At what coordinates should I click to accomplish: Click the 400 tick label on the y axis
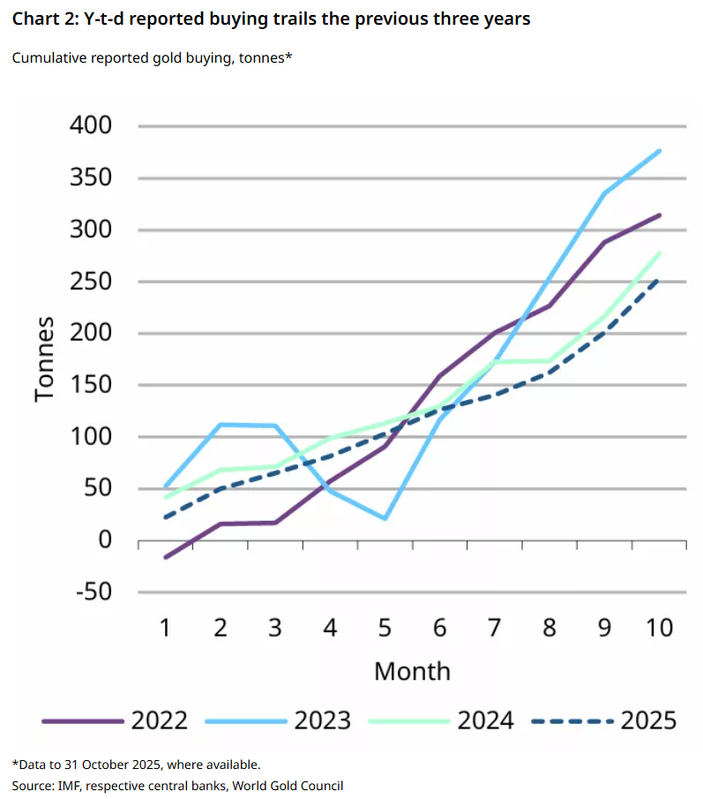pyautogui.click(x=91, y=125)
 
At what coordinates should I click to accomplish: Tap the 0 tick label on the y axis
pyautogui.click(x=104, y=539)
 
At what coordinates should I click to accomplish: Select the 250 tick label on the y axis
pyautogui.click(x=91, y=282)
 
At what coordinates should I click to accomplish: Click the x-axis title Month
pyautogui.click(x=412, y=671)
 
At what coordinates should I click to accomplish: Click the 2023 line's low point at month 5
pyautogui.click(x=385, y=518)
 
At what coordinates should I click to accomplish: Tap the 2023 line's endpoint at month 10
pyautogui.click(x=660, y=151)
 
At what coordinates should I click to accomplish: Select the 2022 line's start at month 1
pyautogui.click(x=165, y=557)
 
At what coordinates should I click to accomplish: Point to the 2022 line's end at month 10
pyautogui.click(x=660, y=215)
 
